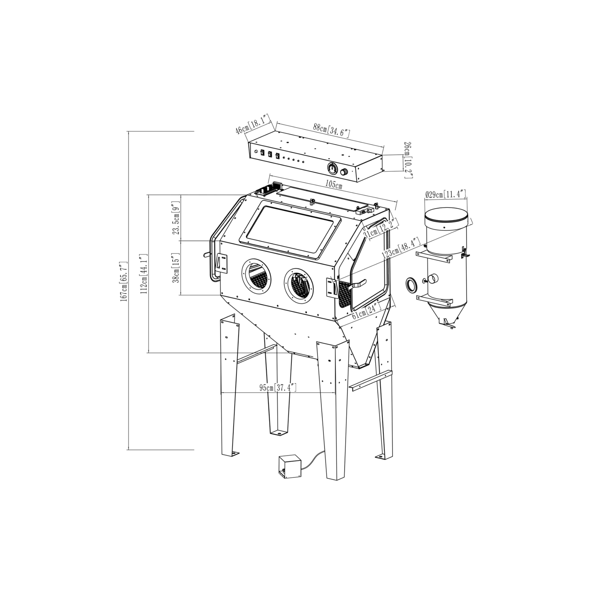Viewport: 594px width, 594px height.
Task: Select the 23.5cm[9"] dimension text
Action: pos(177,218)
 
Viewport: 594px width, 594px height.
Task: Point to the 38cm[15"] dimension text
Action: pos(177,268)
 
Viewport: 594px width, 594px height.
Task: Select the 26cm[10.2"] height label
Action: pos(409,160)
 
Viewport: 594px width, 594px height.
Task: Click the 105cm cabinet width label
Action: pos(334,185)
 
